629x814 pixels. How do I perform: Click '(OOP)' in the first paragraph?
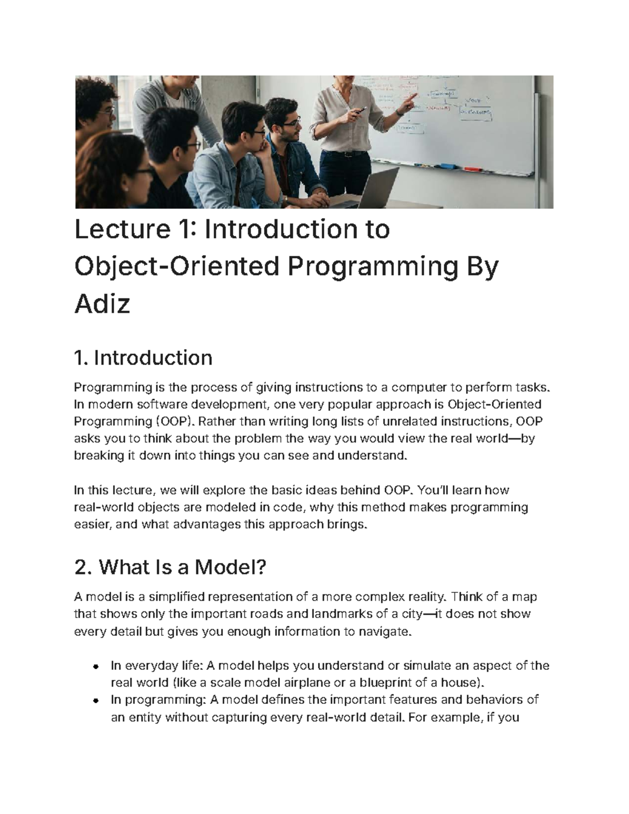[173, 421]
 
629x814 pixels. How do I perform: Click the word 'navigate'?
[382, 632]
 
